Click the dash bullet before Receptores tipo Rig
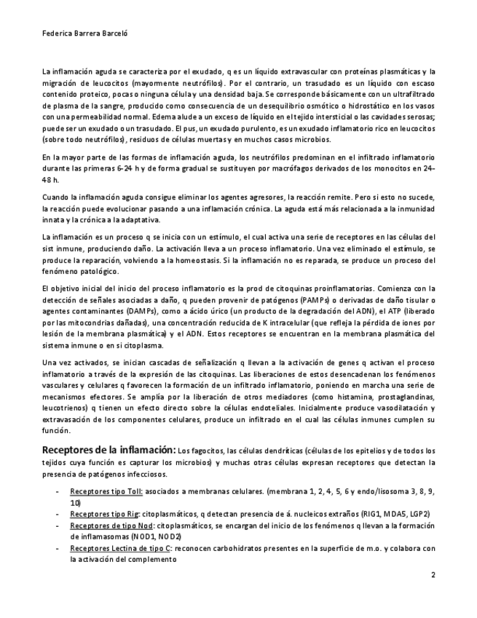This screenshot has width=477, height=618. pos(58,515)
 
